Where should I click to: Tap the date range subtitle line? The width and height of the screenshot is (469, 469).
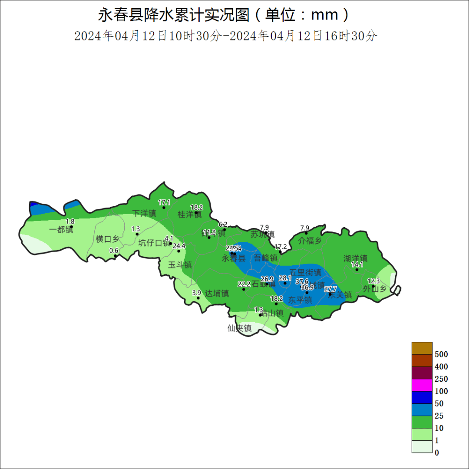point(226,36)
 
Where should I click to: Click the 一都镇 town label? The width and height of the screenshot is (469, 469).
point(61,230)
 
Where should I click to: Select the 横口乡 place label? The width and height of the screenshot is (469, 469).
point(107,239)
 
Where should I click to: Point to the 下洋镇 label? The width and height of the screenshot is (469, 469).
point(144,214)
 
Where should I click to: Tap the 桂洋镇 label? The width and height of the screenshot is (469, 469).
point(190,215)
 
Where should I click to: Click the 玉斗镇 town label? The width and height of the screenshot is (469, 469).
point(180,265)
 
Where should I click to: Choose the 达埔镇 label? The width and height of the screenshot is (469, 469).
point(217,294)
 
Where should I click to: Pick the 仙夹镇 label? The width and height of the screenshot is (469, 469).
point(240,328)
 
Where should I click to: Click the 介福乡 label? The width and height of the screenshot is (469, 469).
point(310,241)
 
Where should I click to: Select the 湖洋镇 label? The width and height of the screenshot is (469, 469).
point(355,258)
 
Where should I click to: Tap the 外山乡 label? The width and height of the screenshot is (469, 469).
point(375,288)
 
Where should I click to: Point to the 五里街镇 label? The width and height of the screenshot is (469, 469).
point(305,273)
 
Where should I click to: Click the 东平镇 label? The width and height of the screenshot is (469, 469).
point(300,300)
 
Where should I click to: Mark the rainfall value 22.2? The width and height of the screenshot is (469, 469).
point(244,284)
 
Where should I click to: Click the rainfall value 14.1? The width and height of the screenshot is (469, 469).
point(357,264)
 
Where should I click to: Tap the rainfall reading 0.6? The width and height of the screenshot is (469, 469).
point(114,251)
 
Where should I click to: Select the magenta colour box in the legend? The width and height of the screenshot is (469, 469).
point(422,385)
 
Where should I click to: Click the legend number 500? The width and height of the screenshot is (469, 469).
point(441,354)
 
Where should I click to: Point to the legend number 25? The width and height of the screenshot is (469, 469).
point(439,416)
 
